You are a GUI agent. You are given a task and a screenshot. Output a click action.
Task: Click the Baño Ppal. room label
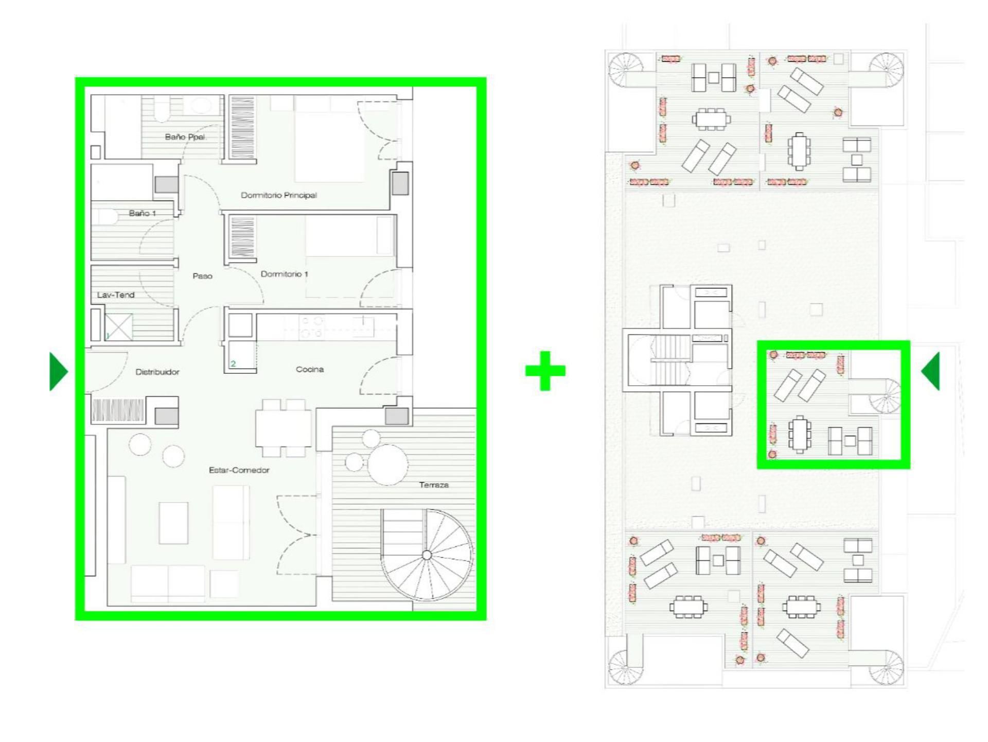tap(185, 137)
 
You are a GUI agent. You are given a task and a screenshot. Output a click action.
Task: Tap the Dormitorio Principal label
tap(279, 195)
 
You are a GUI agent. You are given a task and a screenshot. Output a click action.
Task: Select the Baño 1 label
tap(143, 213)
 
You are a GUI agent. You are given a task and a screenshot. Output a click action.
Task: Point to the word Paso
tap(202, 276)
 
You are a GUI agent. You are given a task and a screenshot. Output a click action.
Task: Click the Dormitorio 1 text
tap(284, 274)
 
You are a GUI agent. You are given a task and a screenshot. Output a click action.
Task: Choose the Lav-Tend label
tap(116, 295)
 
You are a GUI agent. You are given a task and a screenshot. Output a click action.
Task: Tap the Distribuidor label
tap(157, 372)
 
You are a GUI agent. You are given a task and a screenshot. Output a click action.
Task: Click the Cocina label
tap(310, 369)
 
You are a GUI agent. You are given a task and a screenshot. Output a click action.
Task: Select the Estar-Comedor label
tap(239, 470)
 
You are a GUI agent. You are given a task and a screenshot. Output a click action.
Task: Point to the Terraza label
tap(434, 485)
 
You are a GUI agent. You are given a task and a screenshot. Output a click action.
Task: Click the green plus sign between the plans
tap(545, 371)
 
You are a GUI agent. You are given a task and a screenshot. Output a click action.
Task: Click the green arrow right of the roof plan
tap(930, 371)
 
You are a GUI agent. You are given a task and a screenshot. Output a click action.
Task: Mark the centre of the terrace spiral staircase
tap(427, 555)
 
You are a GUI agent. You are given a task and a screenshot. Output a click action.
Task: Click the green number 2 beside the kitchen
tap(233, 364)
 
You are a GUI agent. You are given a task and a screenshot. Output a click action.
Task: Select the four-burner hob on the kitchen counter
tap(312, 327)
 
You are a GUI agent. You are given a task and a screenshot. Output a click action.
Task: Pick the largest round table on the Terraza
tap(388, 465)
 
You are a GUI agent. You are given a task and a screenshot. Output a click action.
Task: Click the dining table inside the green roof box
tap(799, 435)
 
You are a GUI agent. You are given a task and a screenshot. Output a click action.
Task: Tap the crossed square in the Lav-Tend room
tap(118, 327)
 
